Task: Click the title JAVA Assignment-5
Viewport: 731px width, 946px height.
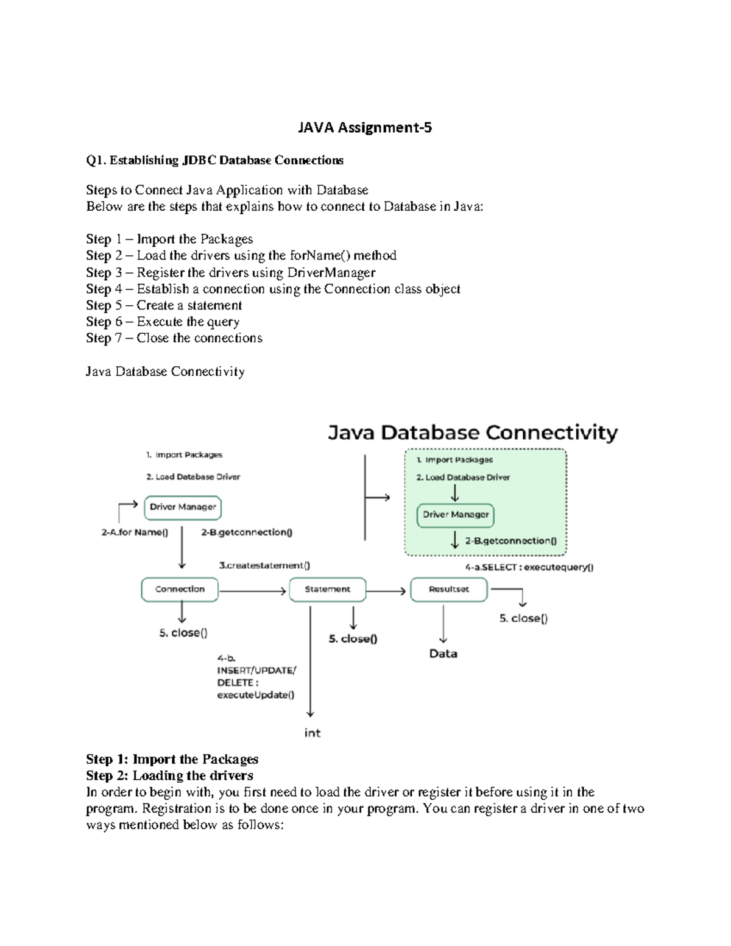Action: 364,127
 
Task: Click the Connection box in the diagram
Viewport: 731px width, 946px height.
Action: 180,589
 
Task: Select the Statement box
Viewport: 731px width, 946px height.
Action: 328,589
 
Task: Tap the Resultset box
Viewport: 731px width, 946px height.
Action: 449,589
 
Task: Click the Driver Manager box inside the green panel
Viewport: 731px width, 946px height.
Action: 456,515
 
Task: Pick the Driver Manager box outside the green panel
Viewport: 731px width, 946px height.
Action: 183,507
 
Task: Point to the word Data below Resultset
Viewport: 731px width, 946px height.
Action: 443,654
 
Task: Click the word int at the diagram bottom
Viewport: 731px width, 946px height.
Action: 312,733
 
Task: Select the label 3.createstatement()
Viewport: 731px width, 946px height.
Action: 264,565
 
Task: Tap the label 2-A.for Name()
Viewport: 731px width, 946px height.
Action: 135,532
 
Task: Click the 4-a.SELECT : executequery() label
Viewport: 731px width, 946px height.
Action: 529,567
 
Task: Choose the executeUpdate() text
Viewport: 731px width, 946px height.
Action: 256,695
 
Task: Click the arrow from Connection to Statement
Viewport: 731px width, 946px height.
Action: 252,591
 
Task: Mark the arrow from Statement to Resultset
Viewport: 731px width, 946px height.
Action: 386,591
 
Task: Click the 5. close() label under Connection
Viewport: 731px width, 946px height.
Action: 183,633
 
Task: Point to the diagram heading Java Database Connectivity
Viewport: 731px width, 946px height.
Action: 473,432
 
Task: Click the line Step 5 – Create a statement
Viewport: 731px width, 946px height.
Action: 164,305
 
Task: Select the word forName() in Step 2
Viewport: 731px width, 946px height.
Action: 320,255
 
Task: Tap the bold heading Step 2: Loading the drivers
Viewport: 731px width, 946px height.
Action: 169,775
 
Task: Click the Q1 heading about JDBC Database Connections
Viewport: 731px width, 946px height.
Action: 214,160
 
